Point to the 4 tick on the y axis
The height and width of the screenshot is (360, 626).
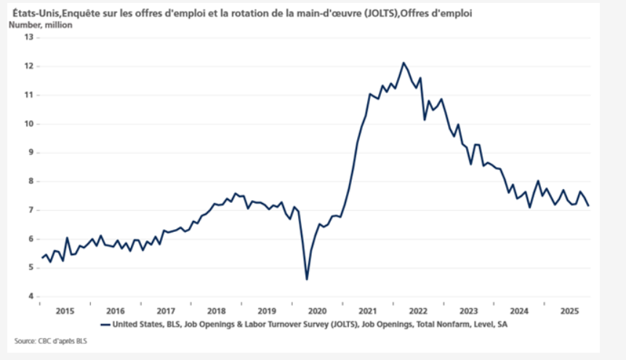point(31,297)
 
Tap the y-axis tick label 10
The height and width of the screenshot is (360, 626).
point(29,124)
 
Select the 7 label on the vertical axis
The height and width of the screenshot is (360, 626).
point(31,210)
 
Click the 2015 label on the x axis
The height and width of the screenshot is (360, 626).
point(65,310)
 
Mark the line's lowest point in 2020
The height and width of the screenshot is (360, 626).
point(307,279)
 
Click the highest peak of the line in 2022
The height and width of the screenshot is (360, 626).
point(404,63)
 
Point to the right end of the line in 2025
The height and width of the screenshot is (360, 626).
point(588,206)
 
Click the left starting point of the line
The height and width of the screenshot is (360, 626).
point(41,257)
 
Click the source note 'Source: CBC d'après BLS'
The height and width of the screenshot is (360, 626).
point(49,340)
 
